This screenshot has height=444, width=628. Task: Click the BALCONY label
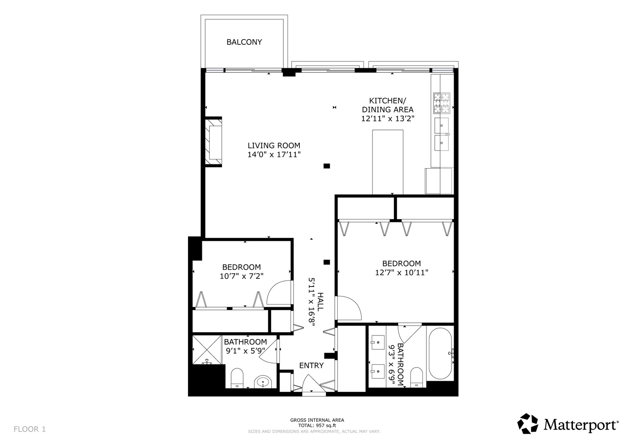pos(244,42)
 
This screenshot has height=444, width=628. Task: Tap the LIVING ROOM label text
pos(273,146)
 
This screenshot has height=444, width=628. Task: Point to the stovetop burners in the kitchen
pos(441,103)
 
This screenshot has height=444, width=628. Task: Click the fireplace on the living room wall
pos(214,141)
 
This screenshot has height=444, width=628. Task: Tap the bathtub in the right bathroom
pos(440,353)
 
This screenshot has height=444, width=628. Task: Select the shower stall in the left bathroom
pos(207,350)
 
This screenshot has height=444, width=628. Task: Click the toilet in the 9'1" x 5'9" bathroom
pos(237,378)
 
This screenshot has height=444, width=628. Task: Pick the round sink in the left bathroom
pos(263,382)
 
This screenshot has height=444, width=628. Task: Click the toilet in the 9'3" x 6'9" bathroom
pos(417,377)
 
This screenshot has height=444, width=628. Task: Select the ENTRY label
pos(311,365)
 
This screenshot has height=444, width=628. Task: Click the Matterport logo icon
pos(528,424)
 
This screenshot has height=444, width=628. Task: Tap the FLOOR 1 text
pos(30,429)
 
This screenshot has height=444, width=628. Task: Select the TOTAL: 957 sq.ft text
pos(317,425)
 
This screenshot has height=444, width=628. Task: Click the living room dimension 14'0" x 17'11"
pos(274,155)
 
